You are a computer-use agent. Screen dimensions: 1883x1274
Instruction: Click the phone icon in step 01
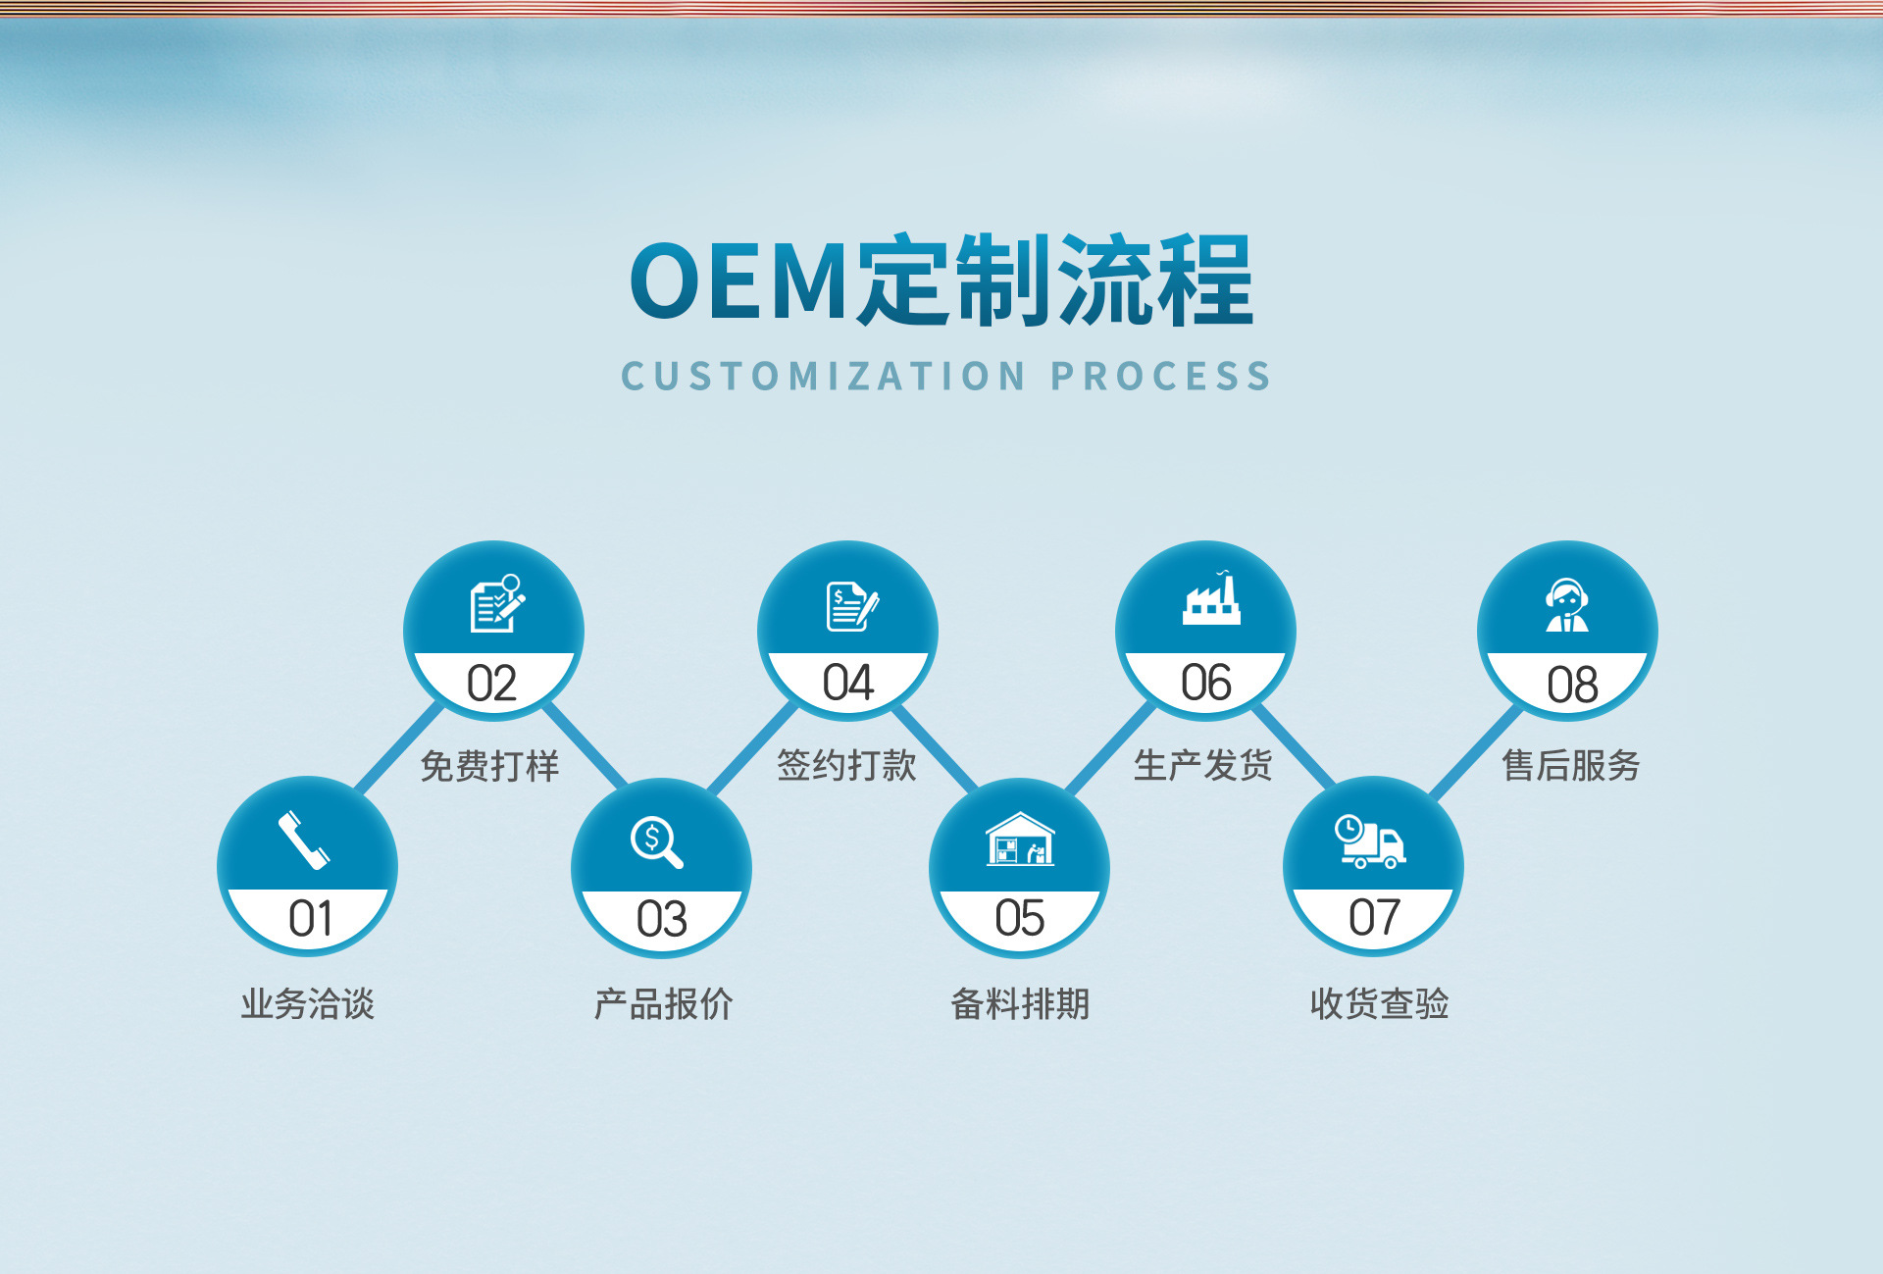[304, 841]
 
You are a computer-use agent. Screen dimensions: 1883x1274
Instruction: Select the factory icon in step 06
[1211, 598]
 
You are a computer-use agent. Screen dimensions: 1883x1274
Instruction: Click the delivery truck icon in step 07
[1370, 841]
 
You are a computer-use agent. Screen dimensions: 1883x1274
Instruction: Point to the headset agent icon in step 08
[1567, 605]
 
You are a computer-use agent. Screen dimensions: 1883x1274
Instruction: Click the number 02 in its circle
[491, 684]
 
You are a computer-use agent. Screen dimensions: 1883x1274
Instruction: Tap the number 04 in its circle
[847, 683]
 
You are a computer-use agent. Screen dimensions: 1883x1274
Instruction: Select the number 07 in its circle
[1374, 918]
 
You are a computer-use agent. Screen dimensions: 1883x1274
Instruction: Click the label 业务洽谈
[308, 1003]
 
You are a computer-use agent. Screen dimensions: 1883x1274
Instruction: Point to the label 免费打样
[489, 766]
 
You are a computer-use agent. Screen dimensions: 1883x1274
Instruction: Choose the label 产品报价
[663, 1003]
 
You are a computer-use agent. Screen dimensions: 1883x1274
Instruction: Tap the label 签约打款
[846, 765]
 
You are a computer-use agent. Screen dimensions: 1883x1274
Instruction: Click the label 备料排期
[1020, 1003]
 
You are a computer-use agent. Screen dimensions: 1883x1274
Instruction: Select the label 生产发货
[1203, 765]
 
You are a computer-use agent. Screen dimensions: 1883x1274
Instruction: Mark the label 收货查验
[1379, 1003]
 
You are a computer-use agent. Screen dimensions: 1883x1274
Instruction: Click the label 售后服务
[1571, 765]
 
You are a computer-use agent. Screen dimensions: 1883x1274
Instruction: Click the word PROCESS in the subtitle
[1161, 377]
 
